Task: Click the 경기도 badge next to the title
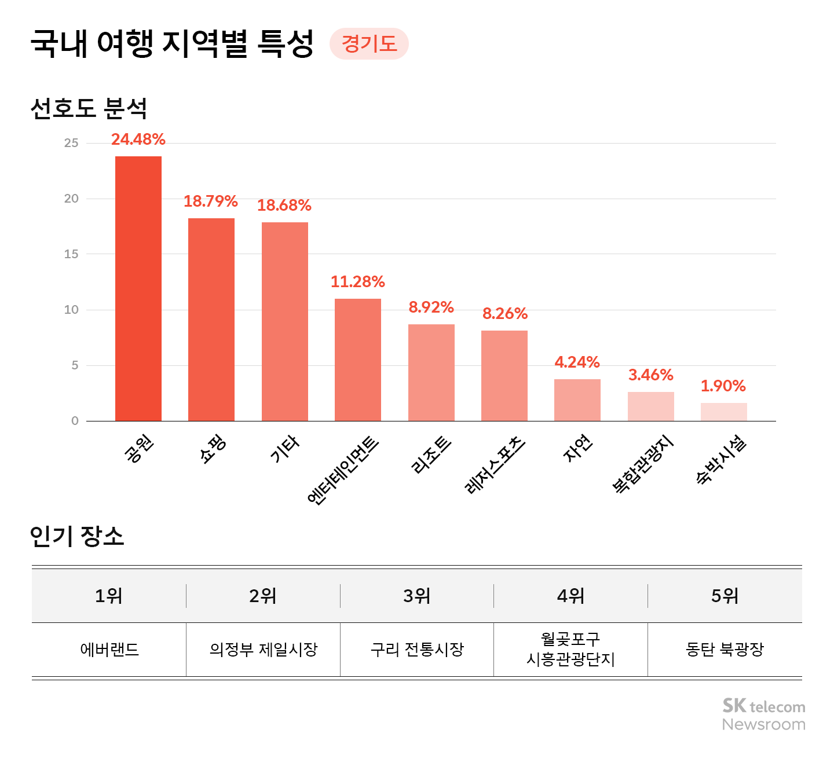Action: tap(369, 44)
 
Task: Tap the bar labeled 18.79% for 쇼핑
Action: tap(211, 320)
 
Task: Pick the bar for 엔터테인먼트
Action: tap(358, 360)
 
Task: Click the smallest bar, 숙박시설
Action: tap(723, 412)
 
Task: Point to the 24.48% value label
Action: tap(138, 140)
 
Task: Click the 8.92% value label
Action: tap(431, 307)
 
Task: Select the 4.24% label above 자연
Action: tap(577, 362)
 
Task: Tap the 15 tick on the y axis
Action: tap(71, 254)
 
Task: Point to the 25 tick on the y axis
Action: tap(71, 143)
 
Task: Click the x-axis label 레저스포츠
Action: tap(495, 465)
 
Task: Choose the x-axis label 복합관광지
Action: tap(642, 465)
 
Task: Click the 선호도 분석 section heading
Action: tap(89, 108)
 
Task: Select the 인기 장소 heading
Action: tap(77, 536)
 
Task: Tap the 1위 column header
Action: tap(109, 596)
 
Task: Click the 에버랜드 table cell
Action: tap(109, 650)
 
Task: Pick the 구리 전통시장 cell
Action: tap(417, 650)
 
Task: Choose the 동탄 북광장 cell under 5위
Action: tap(725, 650)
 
